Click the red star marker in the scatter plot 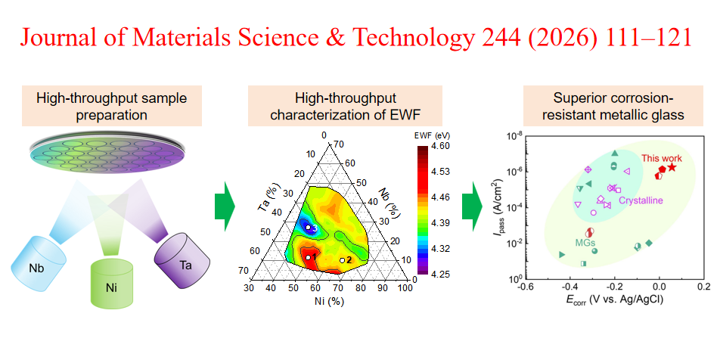click(x=672, y=167)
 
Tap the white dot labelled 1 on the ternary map click(x=308, y=258)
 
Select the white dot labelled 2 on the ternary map click(x=342, y=260)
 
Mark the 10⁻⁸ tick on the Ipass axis click(x=513, y=136)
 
